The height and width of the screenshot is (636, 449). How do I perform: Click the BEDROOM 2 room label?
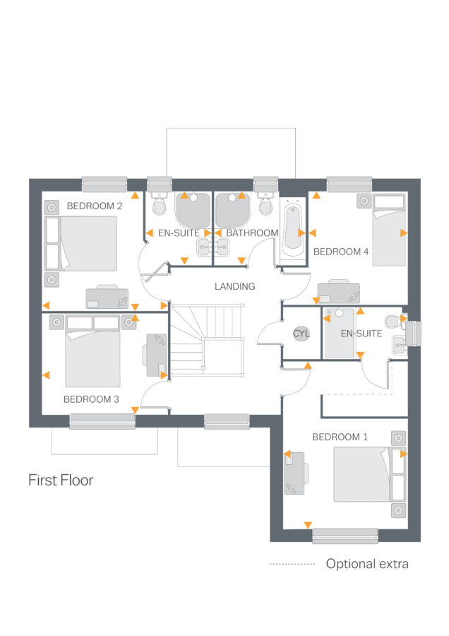[x=95, y=206]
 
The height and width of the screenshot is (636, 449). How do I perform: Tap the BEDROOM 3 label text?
[x=91, y=399]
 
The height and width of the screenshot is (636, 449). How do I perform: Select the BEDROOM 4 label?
[x=341, y=252]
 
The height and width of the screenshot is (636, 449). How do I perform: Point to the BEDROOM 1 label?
[x=340, y=437]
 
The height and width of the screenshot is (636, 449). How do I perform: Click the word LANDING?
[x=234, y=287]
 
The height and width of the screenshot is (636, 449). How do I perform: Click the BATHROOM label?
[x=252, y=233]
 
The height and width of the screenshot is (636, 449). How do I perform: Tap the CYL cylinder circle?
[x=301, y=334]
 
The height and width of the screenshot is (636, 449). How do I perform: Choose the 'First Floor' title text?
[x=61, y=481]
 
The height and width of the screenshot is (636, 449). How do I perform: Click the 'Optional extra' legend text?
[x=366, y=564]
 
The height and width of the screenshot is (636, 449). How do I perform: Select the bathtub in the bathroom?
[x=292, y=229]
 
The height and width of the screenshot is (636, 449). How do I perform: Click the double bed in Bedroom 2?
[x=88, y=244]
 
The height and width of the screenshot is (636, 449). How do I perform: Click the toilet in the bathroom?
[x=266, y=205]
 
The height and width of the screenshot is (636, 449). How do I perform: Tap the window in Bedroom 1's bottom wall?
[x=345, y=536]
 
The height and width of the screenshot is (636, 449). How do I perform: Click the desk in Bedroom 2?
[x=108, y=298]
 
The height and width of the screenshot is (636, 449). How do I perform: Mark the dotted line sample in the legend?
[x=292, y=564]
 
